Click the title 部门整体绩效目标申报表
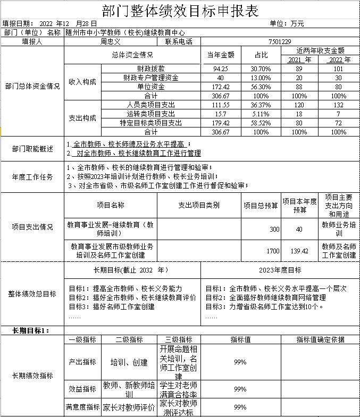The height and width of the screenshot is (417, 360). (179, 11)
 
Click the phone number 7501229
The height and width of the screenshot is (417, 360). (280, 41)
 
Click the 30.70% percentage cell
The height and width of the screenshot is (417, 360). (261, 69)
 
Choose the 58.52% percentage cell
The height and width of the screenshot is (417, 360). (261, 123)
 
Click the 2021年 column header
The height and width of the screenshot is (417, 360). (299, 60)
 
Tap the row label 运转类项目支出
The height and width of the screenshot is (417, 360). (150, 114)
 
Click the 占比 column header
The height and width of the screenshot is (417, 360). (261, 55)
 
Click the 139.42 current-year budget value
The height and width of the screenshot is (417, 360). (299, 251)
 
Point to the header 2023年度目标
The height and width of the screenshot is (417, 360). (280, 270)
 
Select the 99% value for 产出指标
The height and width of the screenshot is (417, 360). (240, 362)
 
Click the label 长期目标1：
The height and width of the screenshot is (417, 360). (31, 330)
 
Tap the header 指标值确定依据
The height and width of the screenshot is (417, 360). (320, 339)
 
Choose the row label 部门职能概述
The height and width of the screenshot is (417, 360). (32, 149)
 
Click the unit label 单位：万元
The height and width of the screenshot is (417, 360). (287, 24)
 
